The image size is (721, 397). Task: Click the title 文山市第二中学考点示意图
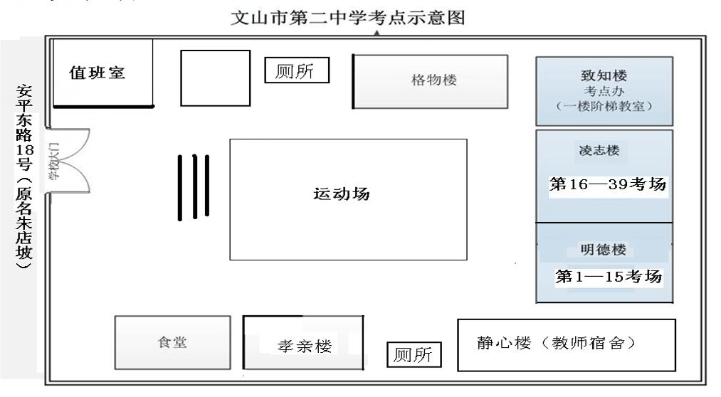pyautogui.click(x=348, y=18)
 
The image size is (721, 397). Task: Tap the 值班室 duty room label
pyautogui.click(x=97, y=73)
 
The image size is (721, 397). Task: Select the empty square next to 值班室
pyautogui.click(x=215, y=78)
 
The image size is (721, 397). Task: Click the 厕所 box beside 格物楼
pyautogui.click(x=297, y=71)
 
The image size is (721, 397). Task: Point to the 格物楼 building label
pyautogui.click(x=433, y=80)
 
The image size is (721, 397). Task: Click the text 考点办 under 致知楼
pyautogui.click(x=604, y=91)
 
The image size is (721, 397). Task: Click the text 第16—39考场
pyautogui.click(x=608, y=184)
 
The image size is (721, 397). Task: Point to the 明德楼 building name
pyautogui.click(x=604, y=250)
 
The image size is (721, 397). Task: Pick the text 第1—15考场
pyautogui.click(x=609, y=277)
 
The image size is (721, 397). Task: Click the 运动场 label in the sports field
pyautogui.click(x=342, y=194)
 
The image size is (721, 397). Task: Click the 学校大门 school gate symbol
pyautogui.click(x=62, y=162)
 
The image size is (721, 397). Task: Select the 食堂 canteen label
pyautogui.click(x=172, y=342)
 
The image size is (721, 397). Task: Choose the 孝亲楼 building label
pyautogui.click(x=305, y=346)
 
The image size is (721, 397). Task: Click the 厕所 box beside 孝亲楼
pyautogui.click(x=414, y=355)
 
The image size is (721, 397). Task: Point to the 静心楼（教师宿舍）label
pyautogui.click(x=557, y=343)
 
